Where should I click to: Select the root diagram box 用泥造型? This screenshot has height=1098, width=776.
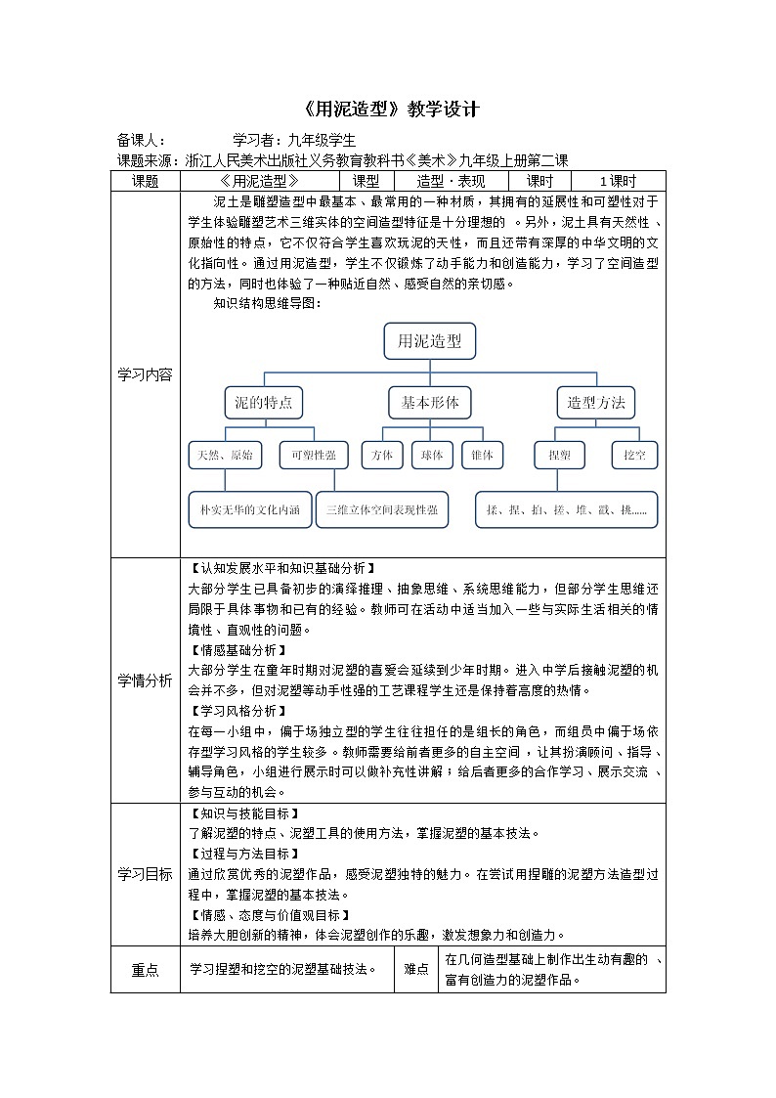click(x=429, y=342)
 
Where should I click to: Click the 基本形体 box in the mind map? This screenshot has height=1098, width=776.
click(x=429, y=402)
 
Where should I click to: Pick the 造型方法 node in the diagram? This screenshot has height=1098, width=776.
click(x=596, y=402)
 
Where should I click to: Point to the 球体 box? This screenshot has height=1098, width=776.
click(x=431, y=455)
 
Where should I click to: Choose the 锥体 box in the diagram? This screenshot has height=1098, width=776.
click(x=481, y=455)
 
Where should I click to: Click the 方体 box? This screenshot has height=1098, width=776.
click(x=382, y=455)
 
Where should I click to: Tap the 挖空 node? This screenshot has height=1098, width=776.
click(x=634, y=455)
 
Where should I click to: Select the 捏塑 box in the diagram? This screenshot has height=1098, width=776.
click(x=559, y=455)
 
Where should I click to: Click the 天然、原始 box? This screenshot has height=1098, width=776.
click(x=225, y=455)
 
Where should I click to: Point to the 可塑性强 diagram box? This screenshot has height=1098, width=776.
click(x=313, y=455)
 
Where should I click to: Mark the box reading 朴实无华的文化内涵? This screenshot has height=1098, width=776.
click(x=250, y=509)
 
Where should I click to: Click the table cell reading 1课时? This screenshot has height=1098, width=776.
click(x=618, y=181)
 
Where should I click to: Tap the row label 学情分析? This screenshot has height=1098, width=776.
click(x=145, y=681)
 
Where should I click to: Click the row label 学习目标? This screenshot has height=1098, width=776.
click(x=145, y=873)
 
